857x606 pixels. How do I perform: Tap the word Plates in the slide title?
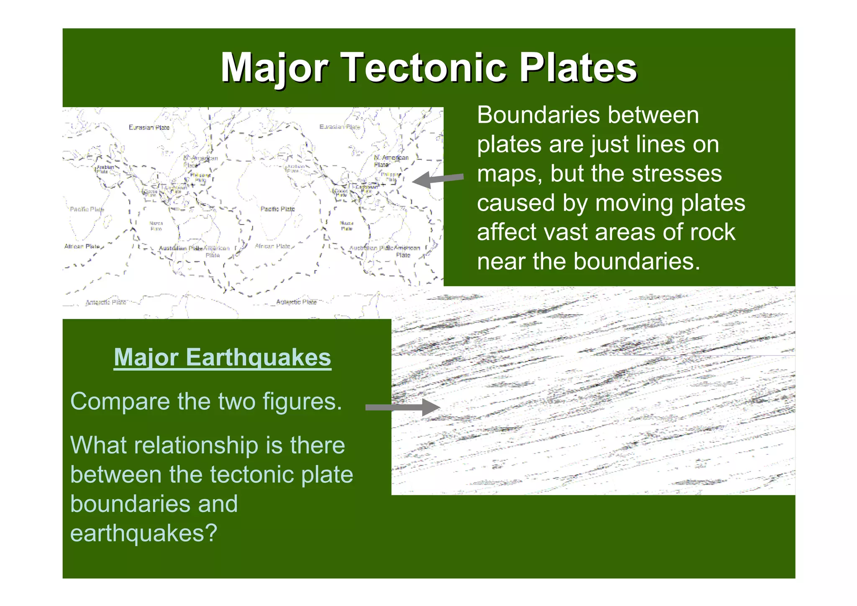578,68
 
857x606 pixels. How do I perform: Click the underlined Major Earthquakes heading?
222,358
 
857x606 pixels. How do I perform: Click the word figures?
302,402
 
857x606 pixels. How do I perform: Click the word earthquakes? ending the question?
144,533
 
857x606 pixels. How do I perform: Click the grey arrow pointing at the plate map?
438,179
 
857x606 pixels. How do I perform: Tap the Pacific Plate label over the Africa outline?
277,209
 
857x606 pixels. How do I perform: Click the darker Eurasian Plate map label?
149,127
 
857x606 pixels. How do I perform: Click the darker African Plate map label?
82,246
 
